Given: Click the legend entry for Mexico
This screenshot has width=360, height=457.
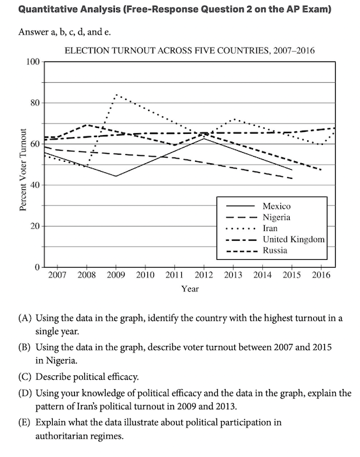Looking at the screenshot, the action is point(277,206).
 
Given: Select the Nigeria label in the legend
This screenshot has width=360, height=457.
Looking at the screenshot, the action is point(277,217).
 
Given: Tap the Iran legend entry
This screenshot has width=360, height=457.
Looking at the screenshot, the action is point(270,228).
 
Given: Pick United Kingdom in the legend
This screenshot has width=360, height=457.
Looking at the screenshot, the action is point(293,240).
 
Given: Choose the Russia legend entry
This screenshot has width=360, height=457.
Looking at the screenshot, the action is point(275,250).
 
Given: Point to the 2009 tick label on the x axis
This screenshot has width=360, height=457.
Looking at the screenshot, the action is point(115,275).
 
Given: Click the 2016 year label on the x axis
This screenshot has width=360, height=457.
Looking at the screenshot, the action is point(321,275).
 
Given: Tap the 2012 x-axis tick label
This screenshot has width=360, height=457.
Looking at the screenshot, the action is point(203,275).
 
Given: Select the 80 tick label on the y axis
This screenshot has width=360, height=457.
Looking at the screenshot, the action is point(35,103).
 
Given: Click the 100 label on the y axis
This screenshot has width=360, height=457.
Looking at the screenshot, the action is point(33,62).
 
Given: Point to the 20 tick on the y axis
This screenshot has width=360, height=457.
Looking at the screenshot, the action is point(35,226).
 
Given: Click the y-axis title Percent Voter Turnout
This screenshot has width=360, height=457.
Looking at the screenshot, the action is point(23,169).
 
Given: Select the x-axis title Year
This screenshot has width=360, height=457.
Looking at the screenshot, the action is point(190,289).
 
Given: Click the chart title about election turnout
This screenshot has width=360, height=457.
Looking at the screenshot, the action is point(189,51).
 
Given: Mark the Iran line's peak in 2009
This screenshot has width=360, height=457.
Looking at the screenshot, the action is point(116,95).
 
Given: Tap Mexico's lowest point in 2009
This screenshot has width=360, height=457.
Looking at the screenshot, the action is point(115,176).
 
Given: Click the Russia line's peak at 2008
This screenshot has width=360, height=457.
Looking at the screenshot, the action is point(87,125).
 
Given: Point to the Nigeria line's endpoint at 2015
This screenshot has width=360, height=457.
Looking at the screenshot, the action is point(292,178).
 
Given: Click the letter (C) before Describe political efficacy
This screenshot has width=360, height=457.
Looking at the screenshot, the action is point(25,377).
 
